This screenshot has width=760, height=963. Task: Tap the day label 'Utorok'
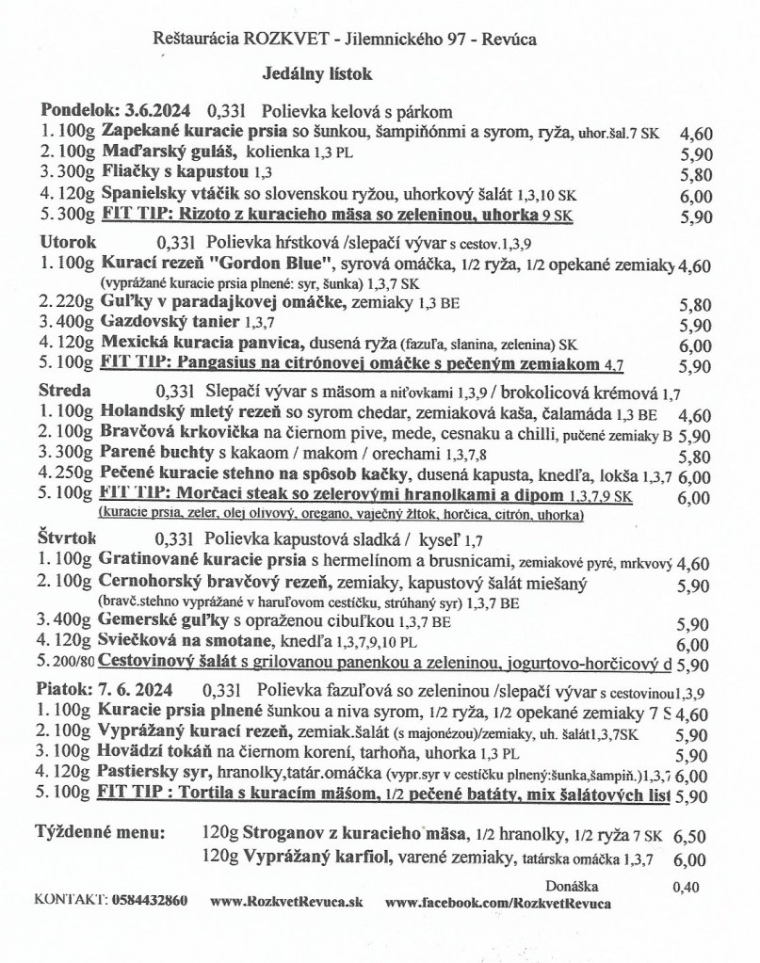pos(62,240)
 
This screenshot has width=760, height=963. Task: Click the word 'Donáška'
pos(573,885)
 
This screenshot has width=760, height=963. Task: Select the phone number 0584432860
pos(149,902)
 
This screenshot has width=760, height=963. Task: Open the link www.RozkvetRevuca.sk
pos(285,902)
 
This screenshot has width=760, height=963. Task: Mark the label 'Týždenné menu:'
pos(101,832)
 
